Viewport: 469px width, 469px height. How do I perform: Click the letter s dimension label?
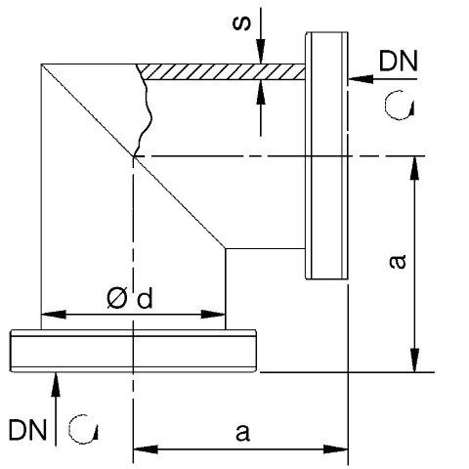241,23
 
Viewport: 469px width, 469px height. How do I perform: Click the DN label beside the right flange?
398,61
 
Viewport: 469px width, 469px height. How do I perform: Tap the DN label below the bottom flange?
27,430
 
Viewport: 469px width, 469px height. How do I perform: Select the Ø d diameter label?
130,299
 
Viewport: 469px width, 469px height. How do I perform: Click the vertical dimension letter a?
398,262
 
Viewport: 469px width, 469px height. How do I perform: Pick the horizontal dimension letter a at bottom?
242,433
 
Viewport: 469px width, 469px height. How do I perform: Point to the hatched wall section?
222,71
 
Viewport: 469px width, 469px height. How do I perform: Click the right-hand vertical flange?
326,155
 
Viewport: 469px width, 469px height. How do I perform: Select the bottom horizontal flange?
133,351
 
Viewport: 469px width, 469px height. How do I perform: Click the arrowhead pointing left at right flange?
361,79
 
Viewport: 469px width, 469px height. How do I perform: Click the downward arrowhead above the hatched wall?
261,52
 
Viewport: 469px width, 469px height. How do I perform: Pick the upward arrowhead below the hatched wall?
261,92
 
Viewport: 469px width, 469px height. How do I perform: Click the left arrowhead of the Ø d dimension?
54,315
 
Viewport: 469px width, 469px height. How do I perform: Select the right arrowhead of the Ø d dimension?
213,315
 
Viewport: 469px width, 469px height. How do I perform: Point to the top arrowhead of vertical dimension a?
414,168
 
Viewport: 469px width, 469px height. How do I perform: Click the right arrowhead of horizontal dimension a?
336,449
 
